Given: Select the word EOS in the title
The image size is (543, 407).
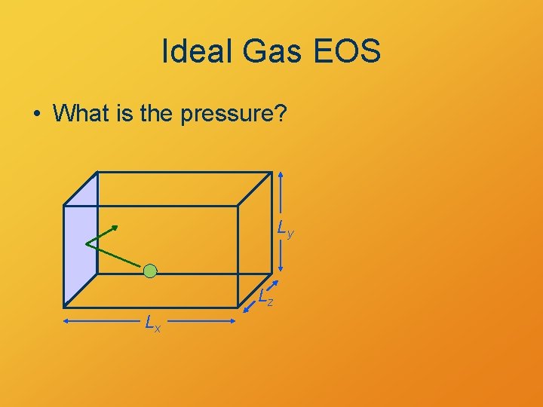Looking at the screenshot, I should (x=352, y=52).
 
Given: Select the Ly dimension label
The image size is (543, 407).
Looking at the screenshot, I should (x=284, y=228).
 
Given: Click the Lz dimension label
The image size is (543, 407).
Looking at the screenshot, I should (x=265, y=298).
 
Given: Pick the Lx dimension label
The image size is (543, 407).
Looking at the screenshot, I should (x=153, y=324).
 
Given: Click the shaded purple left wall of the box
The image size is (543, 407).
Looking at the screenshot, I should (x=81, y=241).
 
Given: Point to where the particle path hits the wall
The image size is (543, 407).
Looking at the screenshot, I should (x=86, y=242).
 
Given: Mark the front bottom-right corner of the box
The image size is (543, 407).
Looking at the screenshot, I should (x=238, y=305).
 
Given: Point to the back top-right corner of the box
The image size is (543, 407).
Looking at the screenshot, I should (x=271, y=172).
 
